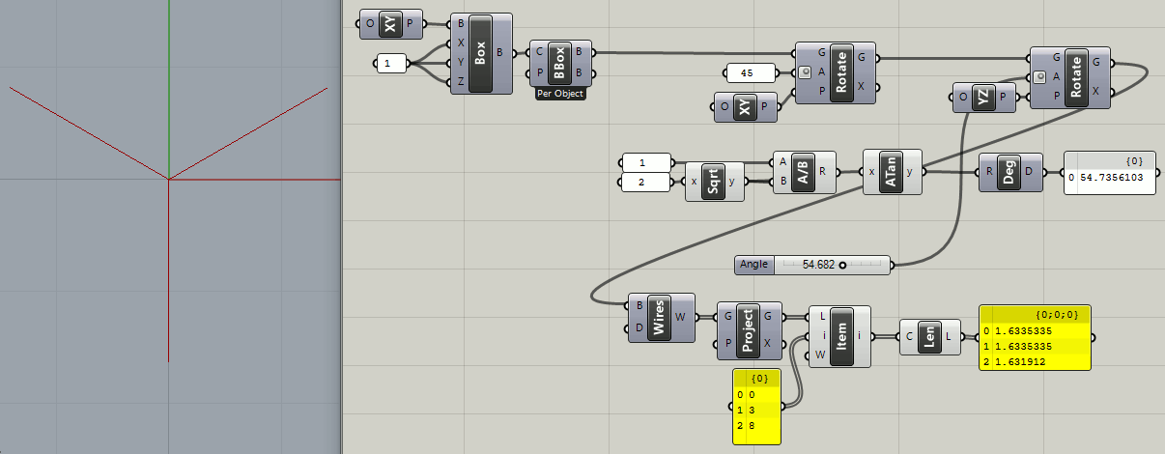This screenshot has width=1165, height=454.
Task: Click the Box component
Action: [481, 53]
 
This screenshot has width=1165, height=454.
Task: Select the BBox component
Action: [560, 63]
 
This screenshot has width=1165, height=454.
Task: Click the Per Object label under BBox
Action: [560, 94]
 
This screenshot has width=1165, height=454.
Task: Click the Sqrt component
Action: [715, 182]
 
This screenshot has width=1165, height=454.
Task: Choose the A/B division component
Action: [804, 172]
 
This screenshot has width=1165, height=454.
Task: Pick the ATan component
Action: [892, 172]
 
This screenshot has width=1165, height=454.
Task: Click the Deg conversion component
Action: [1010, 172]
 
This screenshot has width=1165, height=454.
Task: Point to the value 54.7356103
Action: [1111, 178]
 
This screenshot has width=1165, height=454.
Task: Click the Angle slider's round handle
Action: [842, 266]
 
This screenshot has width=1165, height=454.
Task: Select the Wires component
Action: [661, 318]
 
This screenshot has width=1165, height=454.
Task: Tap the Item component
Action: [839, 336]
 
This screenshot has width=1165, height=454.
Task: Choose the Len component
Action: [930, 337]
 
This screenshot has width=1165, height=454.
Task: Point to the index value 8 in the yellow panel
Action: [753, 426]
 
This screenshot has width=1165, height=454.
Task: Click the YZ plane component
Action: [984, 98]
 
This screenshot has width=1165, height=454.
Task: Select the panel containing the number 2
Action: [645, 183]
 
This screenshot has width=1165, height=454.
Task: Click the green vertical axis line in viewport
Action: [169, 90]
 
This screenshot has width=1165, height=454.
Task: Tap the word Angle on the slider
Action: [753, 264]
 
